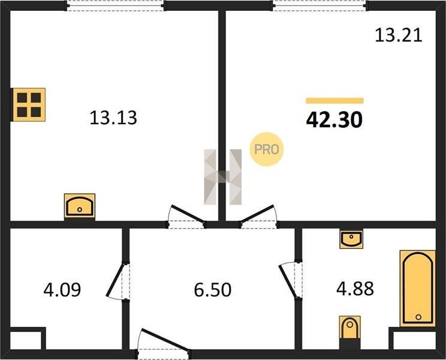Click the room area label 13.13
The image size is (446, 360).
point(113,118)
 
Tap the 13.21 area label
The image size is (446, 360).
point(398,35)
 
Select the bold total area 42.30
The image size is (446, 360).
point(334,119)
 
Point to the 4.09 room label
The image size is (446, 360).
point(62,289)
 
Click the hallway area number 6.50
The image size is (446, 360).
point(212,290)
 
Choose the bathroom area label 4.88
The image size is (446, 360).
point(355,289)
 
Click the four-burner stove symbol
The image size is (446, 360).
point(28,105)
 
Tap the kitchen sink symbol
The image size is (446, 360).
point(80,206)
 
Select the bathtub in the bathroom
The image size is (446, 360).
point(418,288)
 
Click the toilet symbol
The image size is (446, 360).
point(350,328)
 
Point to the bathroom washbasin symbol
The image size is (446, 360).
point(351,239)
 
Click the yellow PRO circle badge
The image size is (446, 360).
point(267,149)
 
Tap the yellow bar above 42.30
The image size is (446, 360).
point(334,100)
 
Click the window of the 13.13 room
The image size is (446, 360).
point(116,5)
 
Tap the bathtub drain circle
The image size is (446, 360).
point(418,317)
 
